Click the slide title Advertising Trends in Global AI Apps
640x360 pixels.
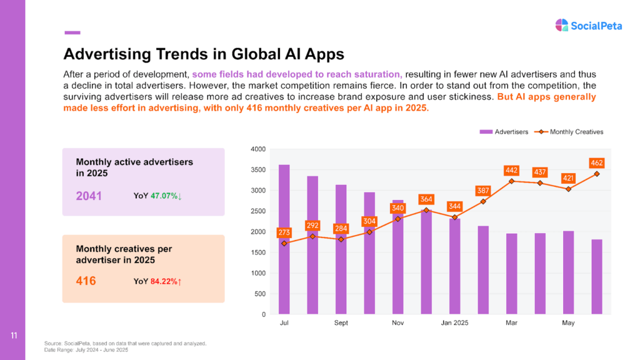pyautogui.click(x=204, y=53)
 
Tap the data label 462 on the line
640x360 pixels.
pyautogui.click(x=596, y=163)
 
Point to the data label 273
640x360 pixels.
pyautogui.click(x=284, y=232)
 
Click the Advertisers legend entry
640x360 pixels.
pyautogui.click(x=504, y=132)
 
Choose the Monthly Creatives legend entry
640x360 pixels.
pyautogui.click(x=572, y=132)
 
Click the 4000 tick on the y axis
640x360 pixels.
pyautogui.click(x=257, y=149)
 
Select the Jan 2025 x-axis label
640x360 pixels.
pyautogui.click(x=454, y=323)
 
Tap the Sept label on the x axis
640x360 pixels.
pyautogui.click(x=341, y=323)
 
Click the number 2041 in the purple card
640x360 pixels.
pyautogui.click(x=89, y=196)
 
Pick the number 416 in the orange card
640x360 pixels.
pyautogui.click(x=86, y=281)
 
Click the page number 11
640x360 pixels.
pyautogui.click(x=13, y=337)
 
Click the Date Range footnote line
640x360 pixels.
pyautogui.click(x=86, y=349)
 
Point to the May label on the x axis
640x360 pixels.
pyautogui.click(x=568, y=323)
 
